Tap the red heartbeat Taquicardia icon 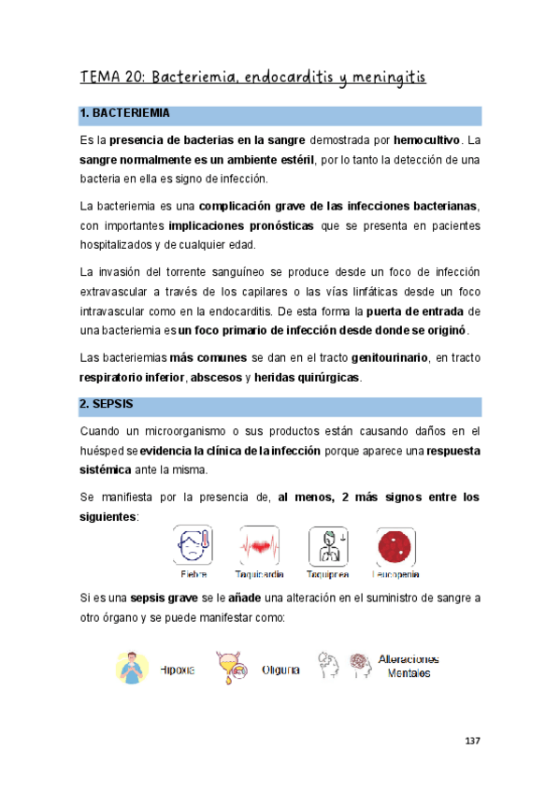point(259,544)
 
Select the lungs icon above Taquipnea point(327,544)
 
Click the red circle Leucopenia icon point(395,544)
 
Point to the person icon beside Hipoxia point(133,668)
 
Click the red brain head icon point(360,667)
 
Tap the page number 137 point(472,741)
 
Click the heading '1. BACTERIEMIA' point(125,114)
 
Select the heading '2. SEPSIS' point(108,404)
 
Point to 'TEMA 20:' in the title point(112,77)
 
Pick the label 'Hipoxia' point(178,670)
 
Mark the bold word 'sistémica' point(105,469)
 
